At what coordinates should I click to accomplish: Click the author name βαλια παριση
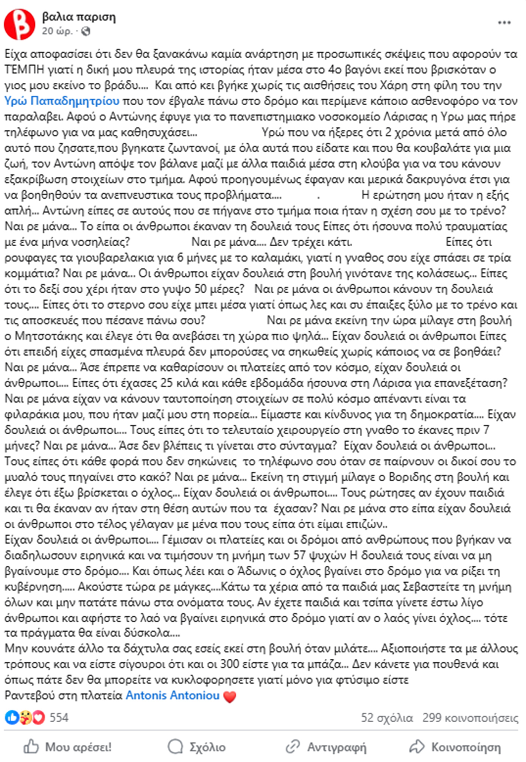tap(79, 17)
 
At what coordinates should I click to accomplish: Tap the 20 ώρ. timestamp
tap(57, 31)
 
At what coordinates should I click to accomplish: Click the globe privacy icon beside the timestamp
tap(86, 31)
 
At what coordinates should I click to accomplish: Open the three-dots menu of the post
tap(504, 23)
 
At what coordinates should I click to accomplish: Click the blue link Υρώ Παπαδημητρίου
tap(62, 101)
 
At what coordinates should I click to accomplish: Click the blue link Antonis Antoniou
tap(173, 695)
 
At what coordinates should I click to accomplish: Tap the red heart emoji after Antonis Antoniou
tap(230, 696)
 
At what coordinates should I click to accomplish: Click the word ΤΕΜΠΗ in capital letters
tap(24, 70)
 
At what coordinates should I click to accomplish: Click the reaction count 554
tap(59, 717)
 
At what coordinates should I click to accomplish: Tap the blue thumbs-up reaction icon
tap(12, 717)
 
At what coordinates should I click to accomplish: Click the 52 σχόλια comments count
tap(387, 718)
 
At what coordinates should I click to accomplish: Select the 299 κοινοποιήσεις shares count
tap(470, 718)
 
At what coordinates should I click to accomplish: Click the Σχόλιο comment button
tap(197, 747)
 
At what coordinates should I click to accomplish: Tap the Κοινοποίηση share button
tap(455, 747)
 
